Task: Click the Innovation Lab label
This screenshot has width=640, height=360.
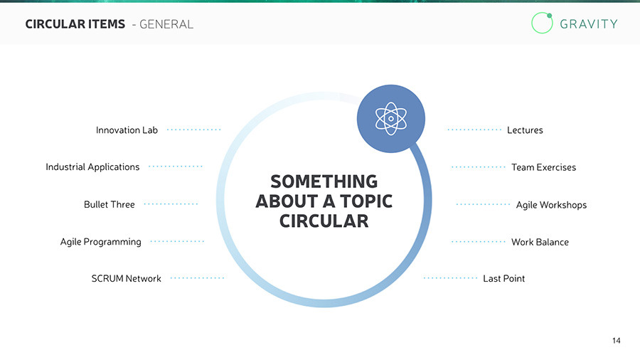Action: (127, 130)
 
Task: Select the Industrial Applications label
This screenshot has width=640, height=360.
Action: (92, 167)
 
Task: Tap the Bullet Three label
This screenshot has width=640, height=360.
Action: (109, 205)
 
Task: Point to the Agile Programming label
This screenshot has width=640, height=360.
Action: (100, 242)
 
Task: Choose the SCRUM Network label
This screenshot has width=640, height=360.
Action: (126, 279)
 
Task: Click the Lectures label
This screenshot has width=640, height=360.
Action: (525, 130)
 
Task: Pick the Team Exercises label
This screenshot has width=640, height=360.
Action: (543, 168)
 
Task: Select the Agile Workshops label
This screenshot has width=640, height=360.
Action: (551, 205)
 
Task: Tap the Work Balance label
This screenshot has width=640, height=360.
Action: (540, 242)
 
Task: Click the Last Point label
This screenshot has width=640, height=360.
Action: (503, 279)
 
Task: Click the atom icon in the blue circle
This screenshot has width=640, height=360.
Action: (390, 118)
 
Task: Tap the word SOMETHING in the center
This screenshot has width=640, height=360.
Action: (324, 182)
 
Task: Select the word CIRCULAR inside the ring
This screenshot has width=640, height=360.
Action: (324, 221)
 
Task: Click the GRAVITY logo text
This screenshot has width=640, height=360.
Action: (589, 23)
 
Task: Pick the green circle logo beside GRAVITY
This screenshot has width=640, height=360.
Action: (542, 23)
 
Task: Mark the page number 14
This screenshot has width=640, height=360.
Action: (616, 341)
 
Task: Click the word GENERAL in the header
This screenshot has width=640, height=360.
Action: (166, 24)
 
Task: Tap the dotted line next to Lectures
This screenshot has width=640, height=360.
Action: (474, 130)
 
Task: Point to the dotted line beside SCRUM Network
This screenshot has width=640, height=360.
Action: (197, 278)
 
